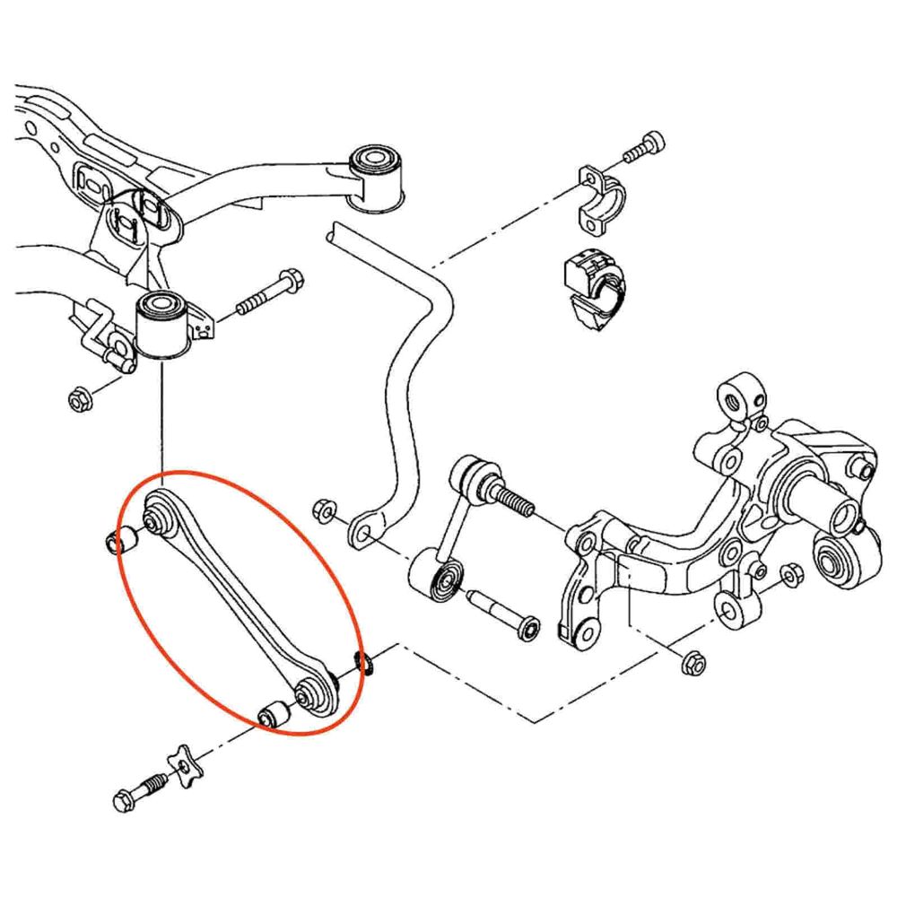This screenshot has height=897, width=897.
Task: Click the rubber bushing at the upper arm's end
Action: coord(377,175)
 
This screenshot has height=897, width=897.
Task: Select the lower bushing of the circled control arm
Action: coord(309,692)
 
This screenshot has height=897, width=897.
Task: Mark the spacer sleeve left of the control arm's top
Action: coord(120,539)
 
